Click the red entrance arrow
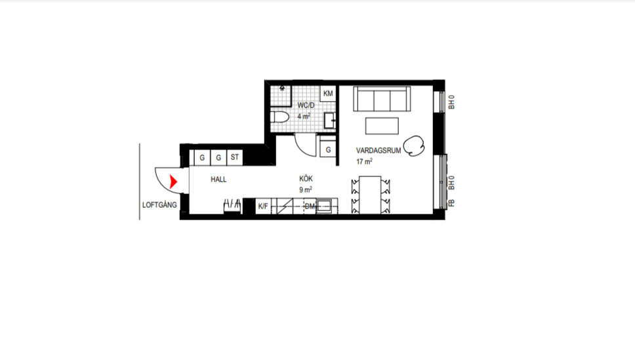tap(173, 182)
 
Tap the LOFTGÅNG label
tap(159, 205)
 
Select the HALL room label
tap(218, 180)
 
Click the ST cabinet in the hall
tap(234, 157)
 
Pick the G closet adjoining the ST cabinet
tap(218, 157)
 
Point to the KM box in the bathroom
tap(328, 94)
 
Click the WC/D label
tap(306, 106)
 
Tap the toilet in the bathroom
tap(279, 117)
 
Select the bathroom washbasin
tap(330, 120)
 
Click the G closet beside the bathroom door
tap(328, 150)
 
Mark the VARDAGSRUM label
tap(379, 151)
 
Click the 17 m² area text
tap(365, 161)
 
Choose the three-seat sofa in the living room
tap(382, 98)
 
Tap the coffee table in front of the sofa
tap(382, 126)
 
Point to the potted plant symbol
tap(414, 146)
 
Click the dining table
tap(370, 195)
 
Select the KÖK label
tap(306, 178)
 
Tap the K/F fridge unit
tap(263, 206)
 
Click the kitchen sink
tap(323, 206)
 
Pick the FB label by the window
tap(451, 203)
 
